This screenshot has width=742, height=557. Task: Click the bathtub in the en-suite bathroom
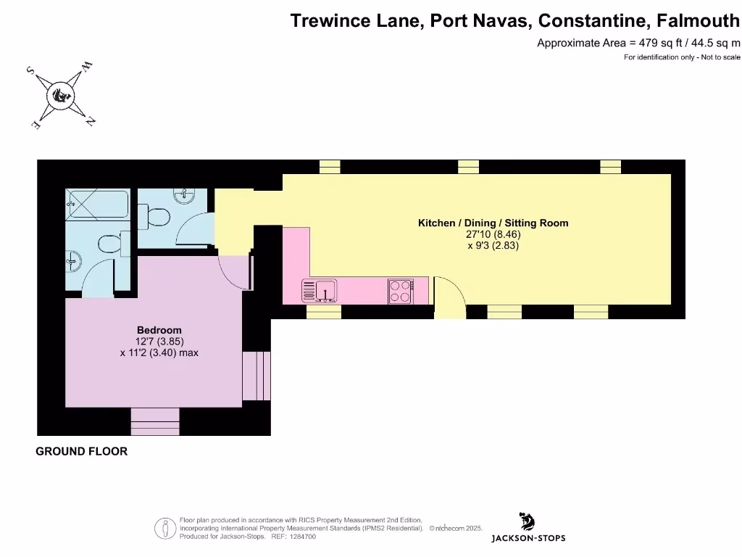pos(97,206)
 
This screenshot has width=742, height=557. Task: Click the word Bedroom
pos(159,330)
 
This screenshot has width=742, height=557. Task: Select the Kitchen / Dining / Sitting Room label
pos(493,223)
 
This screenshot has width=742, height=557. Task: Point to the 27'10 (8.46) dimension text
pos(493,234)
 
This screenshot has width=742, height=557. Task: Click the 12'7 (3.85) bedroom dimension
pos(159,342)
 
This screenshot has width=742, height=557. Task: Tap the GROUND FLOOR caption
pos(82,451)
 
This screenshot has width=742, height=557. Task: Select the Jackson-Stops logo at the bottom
pos(528,528)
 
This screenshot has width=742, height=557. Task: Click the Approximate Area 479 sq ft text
pos(638,43)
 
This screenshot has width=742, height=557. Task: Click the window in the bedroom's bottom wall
pos(154,421)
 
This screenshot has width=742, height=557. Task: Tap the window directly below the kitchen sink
pos(323,312)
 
